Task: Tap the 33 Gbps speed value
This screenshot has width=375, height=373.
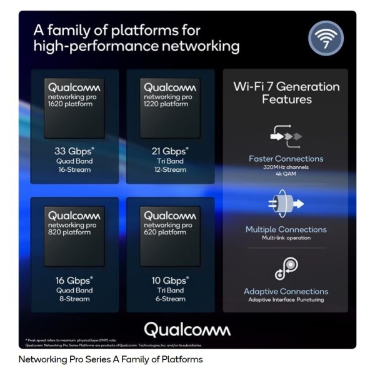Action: [74, 151]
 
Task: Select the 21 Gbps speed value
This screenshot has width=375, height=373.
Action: [169, 151]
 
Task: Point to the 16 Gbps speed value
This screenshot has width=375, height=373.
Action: [74, 281]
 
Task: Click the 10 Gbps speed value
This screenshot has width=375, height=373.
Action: [169, 281]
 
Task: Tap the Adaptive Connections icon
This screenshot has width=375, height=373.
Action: [286, 268]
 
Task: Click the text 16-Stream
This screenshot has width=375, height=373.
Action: [74, 169]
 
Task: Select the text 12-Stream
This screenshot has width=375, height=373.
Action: [169, 169]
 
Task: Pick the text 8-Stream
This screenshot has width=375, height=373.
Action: [74, 299]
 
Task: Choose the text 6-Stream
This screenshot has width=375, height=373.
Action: [169, 299]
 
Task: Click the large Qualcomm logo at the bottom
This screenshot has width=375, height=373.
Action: [187, 329]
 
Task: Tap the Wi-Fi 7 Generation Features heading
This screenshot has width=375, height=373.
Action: [286, 93]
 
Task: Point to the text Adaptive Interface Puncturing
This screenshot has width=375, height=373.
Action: [286, 300]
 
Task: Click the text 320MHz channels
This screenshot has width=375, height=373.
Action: [286, 167]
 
